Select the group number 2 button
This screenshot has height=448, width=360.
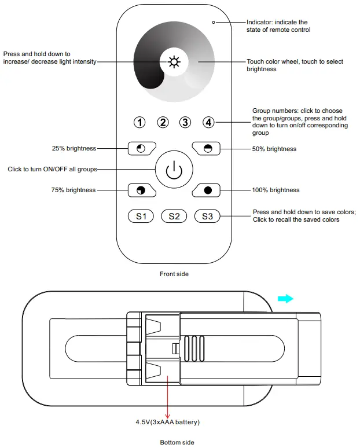[163, 122]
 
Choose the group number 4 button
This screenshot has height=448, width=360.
[208, 122]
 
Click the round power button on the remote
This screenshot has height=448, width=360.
[174, 170]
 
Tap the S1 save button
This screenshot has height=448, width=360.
[141, 216]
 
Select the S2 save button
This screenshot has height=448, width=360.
[174, 216]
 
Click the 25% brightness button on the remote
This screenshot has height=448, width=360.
[141, 149]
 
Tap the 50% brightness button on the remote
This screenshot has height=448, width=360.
[207, 149]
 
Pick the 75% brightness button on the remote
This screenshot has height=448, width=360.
[141, 190]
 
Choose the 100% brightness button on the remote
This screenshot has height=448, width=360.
[207, 190]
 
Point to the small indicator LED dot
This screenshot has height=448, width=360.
[214, 23]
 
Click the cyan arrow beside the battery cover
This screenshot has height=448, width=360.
[285, 299]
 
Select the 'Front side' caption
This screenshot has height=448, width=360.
[174, 274]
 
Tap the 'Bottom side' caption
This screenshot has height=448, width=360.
[177, 442]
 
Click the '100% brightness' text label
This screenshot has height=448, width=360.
[276, 190]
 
